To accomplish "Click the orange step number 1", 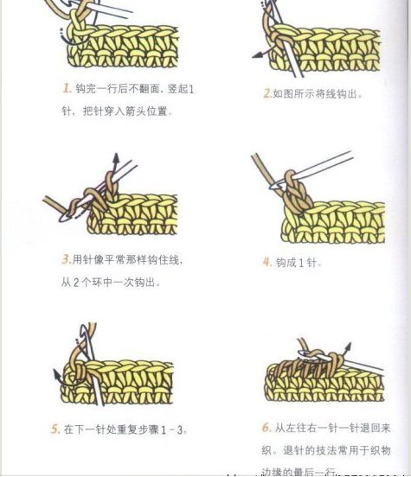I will click(66, 89).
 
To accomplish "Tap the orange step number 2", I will click(267, 93).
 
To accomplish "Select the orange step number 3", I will click(66, 258).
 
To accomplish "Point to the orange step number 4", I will click(267, 262).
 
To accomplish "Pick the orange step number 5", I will click(55, 429).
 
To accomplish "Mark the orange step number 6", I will click(267, 427).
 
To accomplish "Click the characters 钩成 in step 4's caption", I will click(286, 262).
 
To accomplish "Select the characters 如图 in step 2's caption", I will click(285, 94).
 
